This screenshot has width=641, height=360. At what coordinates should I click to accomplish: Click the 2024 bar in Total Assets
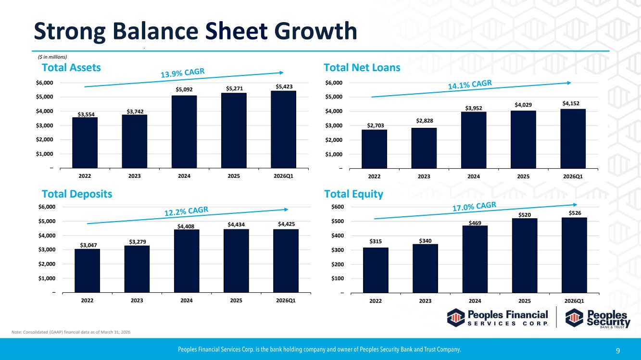tap(184, 132)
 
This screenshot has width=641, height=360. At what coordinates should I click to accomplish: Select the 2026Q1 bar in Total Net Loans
tap(573, 139)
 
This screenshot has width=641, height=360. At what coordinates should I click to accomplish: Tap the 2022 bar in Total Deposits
tap(88, 271)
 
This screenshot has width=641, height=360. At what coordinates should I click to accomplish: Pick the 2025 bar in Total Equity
tap(525, 256)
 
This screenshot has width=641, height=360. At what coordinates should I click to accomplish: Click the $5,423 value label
tap(284, 87)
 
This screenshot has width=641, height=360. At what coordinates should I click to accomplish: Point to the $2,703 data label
tap(376, 125)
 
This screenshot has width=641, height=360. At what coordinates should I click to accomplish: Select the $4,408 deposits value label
tap(186, 226)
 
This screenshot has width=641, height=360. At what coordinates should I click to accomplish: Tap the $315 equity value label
tap(376, 241)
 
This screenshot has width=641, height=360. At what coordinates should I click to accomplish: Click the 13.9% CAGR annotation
tap(183, 73)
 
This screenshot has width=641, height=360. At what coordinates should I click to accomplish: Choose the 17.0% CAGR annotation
tap(474, 206)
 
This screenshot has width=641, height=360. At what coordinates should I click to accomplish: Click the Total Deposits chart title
tap(77, 194)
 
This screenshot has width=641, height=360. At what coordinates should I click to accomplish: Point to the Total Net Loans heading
tap(362, 67)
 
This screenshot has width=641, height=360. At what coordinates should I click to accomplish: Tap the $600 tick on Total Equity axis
tap(338, 207)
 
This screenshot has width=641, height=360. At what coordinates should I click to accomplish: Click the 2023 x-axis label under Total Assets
tap(135, 176)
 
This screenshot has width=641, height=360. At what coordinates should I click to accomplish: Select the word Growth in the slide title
tap(316, 31)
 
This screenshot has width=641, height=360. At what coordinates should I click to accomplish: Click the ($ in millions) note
tap(52, 57)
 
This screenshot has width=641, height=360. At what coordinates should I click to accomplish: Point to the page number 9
tap(618, 350)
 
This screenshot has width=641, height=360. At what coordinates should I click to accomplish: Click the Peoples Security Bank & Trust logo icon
tap(574, 318)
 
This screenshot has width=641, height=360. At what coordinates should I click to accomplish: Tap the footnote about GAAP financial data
tap(71, 332)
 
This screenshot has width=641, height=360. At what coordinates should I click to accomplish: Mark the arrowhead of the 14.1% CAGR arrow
tap(569, 83)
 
